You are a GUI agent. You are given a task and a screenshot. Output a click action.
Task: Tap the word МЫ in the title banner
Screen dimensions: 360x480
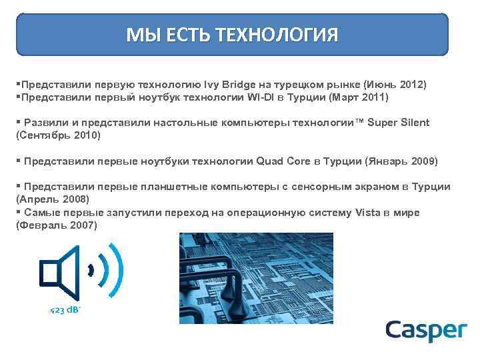click(x=142, y=34)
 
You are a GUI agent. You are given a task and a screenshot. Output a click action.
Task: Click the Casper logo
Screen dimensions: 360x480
click(x=426, y=331)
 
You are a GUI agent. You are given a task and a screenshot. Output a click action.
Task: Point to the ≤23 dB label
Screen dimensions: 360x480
click(x=65, y=310)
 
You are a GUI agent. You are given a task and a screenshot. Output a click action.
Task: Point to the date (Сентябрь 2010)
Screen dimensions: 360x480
click(x=57, y=135)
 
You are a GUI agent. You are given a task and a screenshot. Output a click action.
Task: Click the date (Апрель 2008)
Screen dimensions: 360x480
click(x=51, y=199)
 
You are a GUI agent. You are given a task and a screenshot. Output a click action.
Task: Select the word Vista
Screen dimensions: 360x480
click(x=363, y=212)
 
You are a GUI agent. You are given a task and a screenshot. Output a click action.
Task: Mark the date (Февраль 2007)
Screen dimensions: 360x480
click(x=56, y=225)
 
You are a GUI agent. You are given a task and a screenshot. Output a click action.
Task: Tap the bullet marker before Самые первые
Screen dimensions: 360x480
click(x=17, y=212)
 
